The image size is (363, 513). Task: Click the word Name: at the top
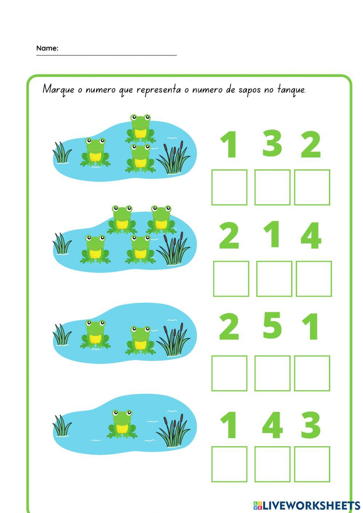[47, 48]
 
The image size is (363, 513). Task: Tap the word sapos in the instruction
[249, 90]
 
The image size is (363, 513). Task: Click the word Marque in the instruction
[58, 89]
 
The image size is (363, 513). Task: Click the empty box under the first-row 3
[272, 187]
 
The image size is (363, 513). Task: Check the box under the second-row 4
[314, 279]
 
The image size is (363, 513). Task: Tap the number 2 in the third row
[229, 327]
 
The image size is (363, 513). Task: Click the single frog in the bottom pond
[122, 424]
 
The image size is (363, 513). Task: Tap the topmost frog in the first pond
[140, 128]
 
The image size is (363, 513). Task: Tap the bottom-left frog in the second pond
[95, 249]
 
